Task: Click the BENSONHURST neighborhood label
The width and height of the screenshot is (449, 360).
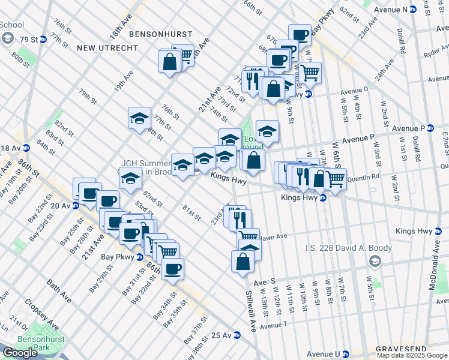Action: point(160,35)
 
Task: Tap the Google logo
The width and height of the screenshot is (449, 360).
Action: point(20,353)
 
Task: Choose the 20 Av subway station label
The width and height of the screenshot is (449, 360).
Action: point(62,205)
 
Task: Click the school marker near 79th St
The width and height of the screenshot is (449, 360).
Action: point(139,118)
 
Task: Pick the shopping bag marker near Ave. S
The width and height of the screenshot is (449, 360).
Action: point(243,262)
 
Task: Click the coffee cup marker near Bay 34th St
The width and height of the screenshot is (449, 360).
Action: point(173,269)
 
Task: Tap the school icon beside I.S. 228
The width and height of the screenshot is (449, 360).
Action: point(375,260)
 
